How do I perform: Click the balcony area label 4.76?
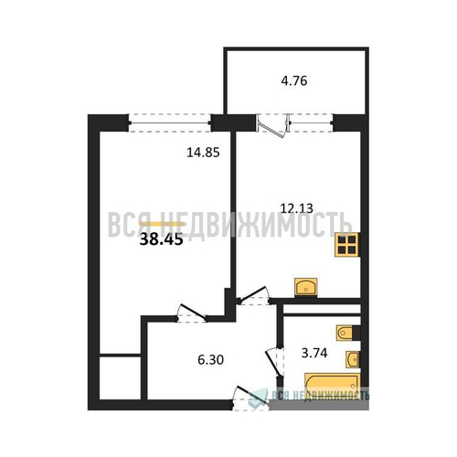coord(294,81)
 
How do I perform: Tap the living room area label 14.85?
coord(203,153)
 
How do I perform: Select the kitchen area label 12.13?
coord(296,208)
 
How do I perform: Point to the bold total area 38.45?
coord(161,239)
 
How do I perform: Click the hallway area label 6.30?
coord(210,360)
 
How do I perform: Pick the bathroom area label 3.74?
coord(314,353)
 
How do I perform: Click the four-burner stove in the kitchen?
coord(347,245)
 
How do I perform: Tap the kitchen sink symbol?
coord(306,287)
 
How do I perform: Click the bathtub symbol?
coord(333,385)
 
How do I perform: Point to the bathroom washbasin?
coord(353,359)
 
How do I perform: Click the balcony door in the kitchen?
coord(272,126)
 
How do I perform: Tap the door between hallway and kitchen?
coord(253,295)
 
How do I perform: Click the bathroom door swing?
coord(274,363)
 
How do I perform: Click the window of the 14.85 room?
coord(170,123)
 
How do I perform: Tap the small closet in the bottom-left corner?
coord(120,377)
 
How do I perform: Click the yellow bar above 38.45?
coord(162,224)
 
